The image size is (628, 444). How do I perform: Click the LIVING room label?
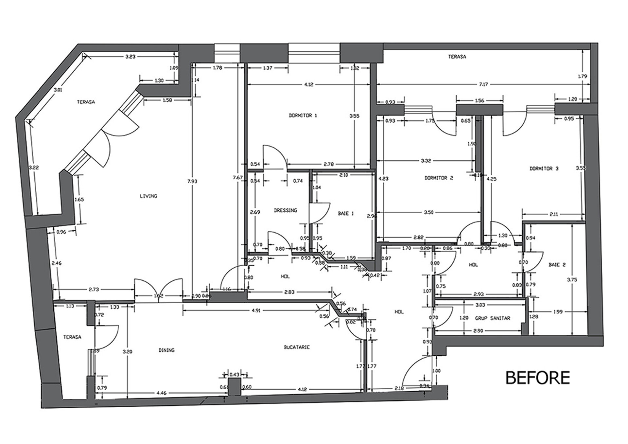tap(148, 196)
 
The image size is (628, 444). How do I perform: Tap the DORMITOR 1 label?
tap(303, 115)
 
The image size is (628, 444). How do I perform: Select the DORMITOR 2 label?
tap(439, 178)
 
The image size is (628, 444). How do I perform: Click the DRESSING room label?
tap(285, 210)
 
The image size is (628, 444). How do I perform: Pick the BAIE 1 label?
tap(346, 214)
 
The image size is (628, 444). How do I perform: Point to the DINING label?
tap(166, 350)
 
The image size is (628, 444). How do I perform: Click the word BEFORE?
tap(538, 378)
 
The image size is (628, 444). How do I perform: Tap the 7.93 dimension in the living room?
tap(192, 181)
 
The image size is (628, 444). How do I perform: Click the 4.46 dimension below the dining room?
tap(161, 393)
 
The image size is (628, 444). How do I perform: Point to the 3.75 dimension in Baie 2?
tap(572, 280)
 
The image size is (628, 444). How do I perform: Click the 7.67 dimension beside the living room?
tap(238, 178)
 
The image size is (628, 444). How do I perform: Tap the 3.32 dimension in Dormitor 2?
tap(426, 161)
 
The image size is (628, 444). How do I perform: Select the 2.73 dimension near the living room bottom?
tap(94, 290)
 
